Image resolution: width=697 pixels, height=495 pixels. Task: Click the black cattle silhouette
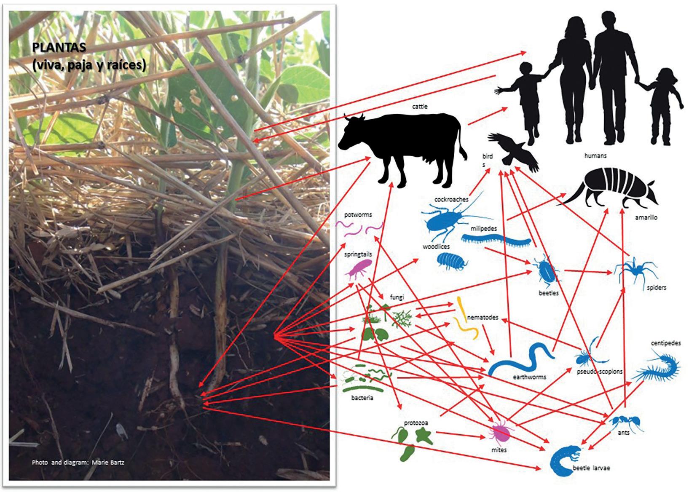tap(405, 147)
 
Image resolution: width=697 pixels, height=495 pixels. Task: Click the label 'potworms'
tap(358, 214)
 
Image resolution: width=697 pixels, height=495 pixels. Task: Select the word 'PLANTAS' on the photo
tap(59, 48)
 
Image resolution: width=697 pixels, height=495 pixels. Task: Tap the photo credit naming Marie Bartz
tap(78, 462)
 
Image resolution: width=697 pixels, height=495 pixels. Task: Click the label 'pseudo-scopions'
tap(599, 372)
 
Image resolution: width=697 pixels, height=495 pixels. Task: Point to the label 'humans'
tap(595, 155)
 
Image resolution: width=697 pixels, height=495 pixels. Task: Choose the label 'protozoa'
tap(416, 423)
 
